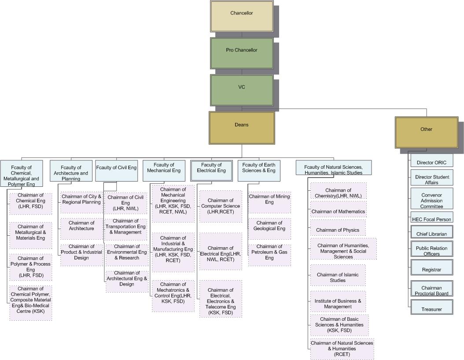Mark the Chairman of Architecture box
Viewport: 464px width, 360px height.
pos(81,228)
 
